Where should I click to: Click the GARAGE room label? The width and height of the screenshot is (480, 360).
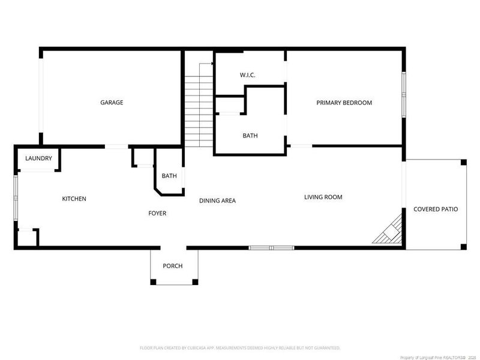112,103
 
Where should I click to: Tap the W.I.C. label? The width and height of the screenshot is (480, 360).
248,75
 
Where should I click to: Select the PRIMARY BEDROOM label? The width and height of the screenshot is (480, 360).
344,103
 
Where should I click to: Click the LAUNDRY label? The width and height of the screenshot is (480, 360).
38,158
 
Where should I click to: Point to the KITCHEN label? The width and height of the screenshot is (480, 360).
74,199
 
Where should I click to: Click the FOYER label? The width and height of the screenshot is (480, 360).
157,213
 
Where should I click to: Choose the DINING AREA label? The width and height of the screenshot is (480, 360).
217,200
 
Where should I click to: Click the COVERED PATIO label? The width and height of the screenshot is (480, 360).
436,209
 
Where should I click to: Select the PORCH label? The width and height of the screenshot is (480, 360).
173,266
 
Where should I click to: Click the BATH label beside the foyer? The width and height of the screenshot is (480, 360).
169,176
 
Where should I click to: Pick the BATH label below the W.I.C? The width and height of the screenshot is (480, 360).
250,136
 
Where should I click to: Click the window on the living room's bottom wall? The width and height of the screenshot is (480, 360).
271,247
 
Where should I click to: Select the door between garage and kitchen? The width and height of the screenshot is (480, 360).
116,146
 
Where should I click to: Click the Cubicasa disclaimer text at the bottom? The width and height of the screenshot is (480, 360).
240,347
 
